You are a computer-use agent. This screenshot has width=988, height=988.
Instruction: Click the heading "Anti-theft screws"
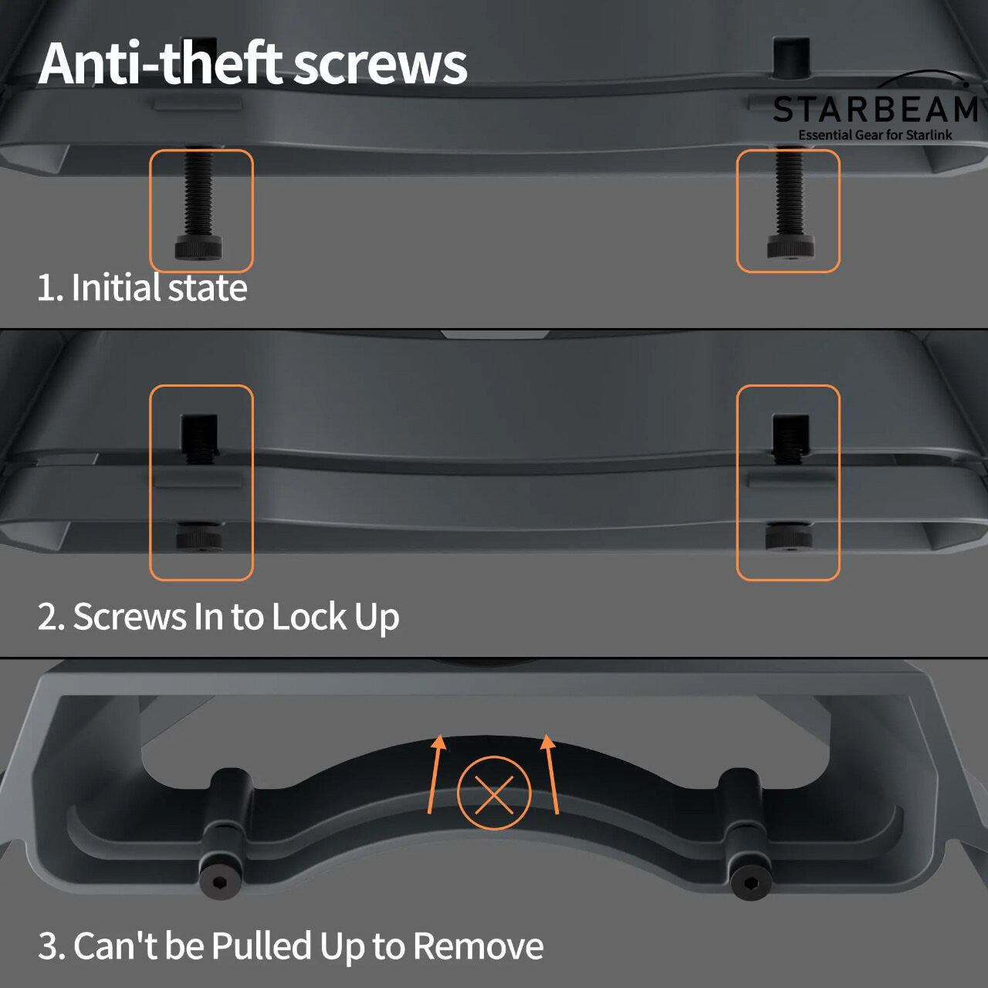pos(252,63)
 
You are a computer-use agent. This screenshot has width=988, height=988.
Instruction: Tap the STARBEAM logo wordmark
pos(875,110)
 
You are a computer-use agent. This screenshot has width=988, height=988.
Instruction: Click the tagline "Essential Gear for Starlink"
pos(875,135)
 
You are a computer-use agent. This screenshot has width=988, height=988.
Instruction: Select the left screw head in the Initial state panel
pos(198,248)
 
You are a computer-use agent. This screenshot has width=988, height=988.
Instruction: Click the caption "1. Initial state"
pos(142,288)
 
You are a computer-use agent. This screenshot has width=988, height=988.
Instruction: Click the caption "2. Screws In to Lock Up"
pos(218,617)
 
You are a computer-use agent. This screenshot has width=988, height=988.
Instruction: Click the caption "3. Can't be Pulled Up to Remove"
pos(291,946)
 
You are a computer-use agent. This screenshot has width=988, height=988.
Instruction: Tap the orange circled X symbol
pos(494,793)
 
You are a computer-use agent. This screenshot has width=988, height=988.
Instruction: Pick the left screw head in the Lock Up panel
pos(200,538)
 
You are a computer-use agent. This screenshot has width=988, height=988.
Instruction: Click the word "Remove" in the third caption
pos(478,946)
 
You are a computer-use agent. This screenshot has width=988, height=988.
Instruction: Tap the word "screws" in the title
pos(381,63)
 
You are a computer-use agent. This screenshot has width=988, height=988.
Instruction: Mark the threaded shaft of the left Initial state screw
pos(198,193)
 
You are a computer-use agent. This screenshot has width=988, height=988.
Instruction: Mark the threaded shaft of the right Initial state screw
pos(789,193)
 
